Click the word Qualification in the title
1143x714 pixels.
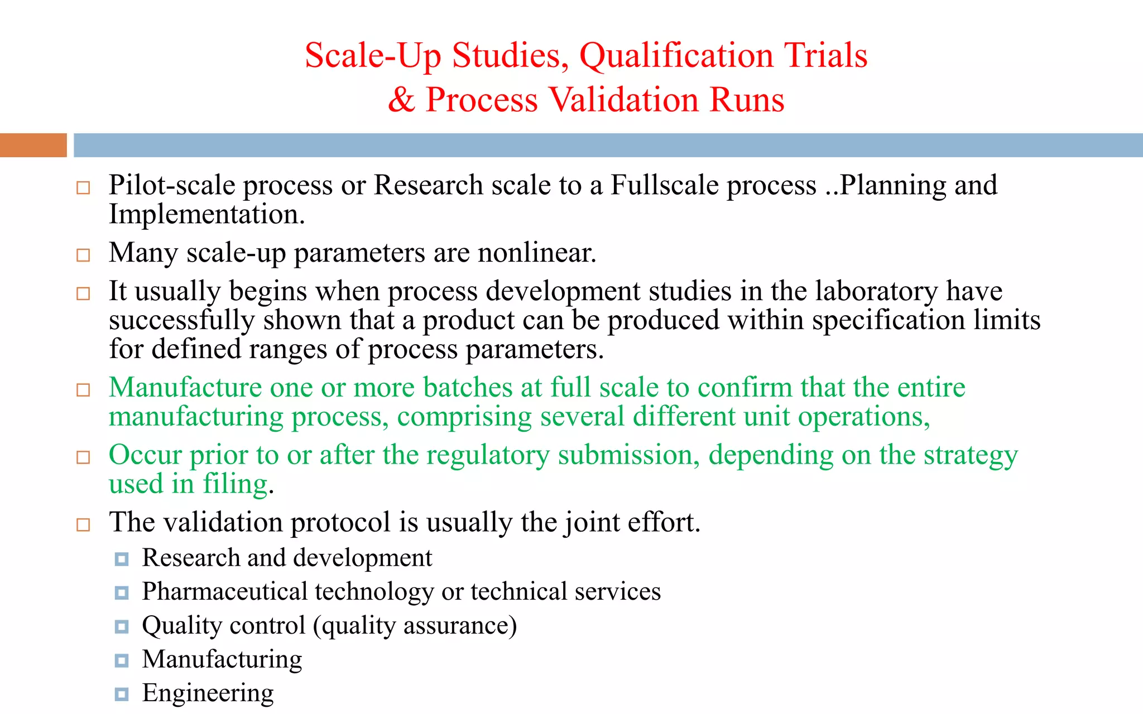pos(676,56)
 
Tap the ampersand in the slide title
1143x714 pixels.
pos(401,100)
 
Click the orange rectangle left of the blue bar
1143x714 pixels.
pos(33,145)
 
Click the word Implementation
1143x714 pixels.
pos(206,215)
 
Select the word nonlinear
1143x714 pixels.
pos(536,253)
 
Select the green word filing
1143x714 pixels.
pos(235,484)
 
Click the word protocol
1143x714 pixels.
pos(340,523)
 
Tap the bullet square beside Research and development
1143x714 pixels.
pos(122,559)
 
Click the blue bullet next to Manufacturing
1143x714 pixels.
pos(122,660)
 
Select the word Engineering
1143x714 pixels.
pos(208,693)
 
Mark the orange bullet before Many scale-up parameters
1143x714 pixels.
pos(83,255)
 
